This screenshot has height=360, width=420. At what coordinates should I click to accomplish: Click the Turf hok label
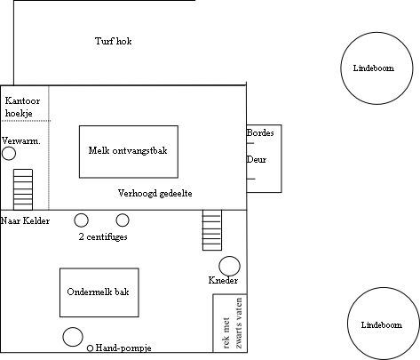[114, 41]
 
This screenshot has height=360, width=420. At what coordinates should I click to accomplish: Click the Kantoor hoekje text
[22, 107]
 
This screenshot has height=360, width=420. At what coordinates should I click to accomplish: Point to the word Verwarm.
[20, 140]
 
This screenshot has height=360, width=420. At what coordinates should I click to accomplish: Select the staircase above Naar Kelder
[23, 189]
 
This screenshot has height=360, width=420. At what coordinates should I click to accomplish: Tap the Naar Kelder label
[26, 220]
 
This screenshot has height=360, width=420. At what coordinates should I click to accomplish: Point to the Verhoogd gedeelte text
[155, 194]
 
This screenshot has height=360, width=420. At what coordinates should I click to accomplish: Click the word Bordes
[260, 132]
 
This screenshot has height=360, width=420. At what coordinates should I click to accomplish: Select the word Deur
[257, 160]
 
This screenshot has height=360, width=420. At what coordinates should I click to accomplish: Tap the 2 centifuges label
[103, 236]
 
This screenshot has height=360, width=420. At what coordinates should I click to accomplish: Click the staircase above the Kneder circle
[212, 230]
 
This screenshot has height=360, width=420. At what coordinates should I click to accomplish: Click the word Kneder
[223, 280]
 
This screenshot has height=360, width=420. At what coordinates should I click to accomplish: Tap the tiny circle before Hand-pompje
[90, 348]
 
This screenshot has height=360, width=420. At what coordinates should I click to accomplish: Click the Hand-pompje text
[123, 348]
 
